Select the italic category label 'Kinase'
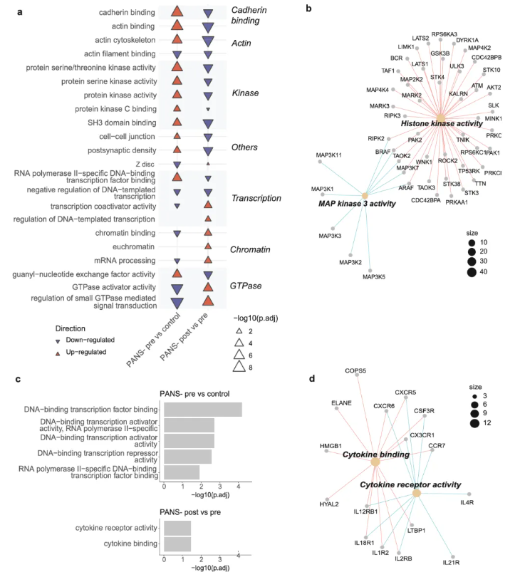pos(245,93)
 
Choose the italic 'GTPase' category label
pos(246,286)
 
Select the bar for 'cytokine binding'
pos(177,544)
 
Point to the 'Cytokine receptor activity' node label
pos(410,484)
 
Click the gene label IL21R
pos(452,563)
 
